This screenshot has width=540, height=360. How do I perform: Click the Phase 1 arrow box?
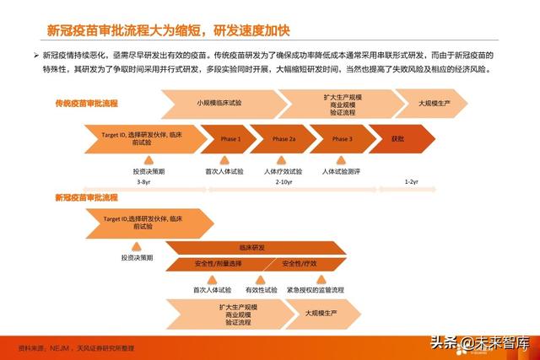(x=230, y=138)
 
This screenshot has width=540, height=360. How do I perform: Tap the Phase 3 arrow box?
(x=342, y=138)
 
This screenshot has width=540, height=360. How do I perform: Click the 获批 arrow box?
(x=399, y=138)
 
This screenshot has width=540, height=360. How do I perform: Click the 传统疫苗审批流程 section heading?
(x=86, y=103)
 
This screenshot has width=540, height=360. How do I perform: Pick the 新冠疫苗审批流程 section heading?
(x=86, y=197)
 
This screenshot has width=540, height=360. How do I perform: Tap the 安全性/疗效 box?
(x=300, y=264)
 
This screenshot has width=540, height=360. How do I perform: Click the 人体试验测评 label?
(x=341, y=171)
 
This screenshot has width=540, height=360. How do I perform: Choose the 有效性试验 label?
(x=261, y=289)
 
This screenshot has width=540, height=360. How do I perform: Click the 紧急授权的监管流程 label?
(x=316, y=289)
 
